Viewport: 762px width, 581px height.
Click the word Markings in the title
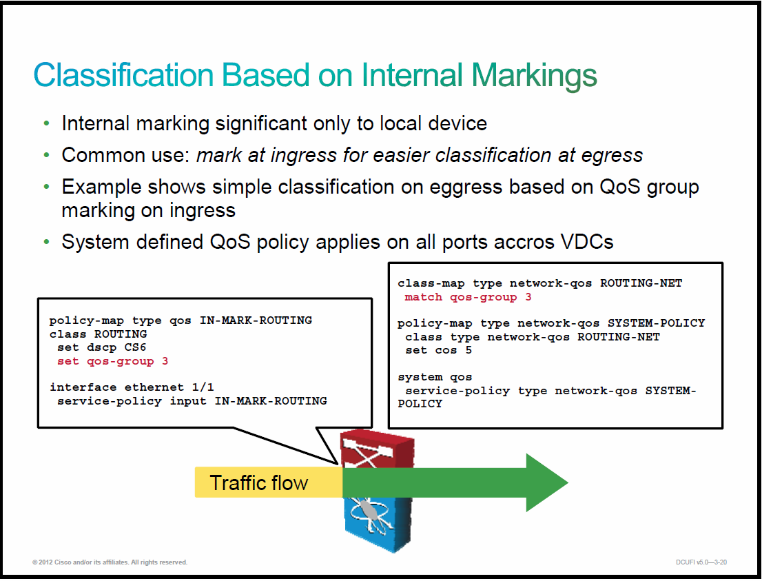534,76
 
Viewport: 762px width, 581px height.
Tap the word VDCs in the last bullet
587,242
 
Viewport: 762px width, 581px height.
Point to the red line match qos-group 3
468,297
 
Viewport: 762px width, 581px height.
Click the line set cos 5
438,351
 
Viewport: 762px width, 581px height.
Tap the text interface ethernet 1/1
132,387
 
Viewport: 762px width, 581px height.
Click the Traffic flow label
258,483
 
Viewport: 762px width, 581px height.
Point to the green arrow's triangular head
545,483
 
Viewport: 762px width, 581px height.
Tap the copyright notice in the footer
110,562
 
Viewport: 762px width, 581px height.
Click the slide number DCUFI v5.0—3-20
701,562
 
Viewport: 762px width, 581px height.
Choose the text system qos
435,377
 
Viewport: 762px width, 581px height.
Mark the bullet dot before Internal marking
47,123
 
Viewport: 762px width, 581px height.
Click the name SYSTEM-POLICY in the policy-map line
656,323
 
